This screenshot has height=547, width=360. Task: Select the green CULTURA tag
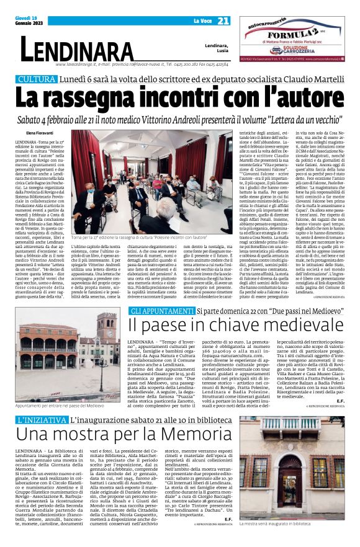37,79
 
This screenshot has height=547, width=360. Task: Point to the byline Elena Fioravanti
40,133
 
